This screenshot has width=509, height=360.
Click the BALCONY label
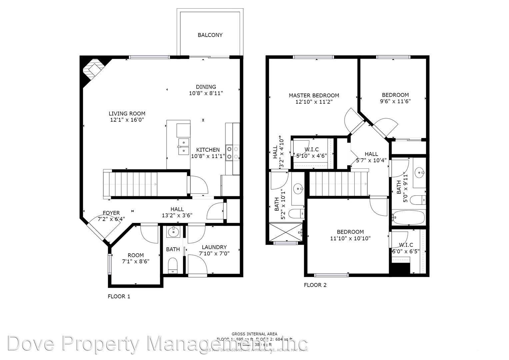[x=210, y=35]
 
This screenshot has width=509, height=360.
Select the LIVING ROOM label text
[x=127, y=114]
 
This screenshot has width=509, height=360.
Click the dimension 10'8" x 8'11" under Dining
[x=206, y=93]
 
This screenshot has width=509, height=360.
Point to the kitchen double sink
[x=183, y=147]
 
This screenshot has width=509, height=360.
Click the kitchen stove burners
[x=232, y=152]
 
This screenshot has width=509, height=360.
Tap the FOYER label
[x=111, y=213]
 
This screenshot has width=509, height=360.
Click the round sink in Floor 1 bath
[x=173, y=232]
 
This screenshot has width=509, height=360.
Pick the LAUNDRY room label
[x=214, y=247]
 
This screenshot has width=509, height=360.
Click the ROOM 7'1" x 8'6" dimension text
[x=135, y=261]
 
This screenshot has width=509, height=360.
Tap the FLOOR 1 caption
[x=119, y=296]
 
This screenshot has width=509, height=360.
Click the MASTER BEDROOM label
[x=314, y=96]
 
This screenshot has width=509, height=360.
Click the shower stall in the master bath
[x=286, y=231]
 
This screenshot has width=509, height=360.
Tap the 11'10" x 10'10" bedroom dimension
[x=350, y=238]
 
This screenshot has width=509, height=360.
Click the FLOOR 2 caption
[x=315, y=285]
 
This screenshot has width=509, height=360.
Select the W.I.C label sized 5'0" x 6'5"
[x=406, y=245]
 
